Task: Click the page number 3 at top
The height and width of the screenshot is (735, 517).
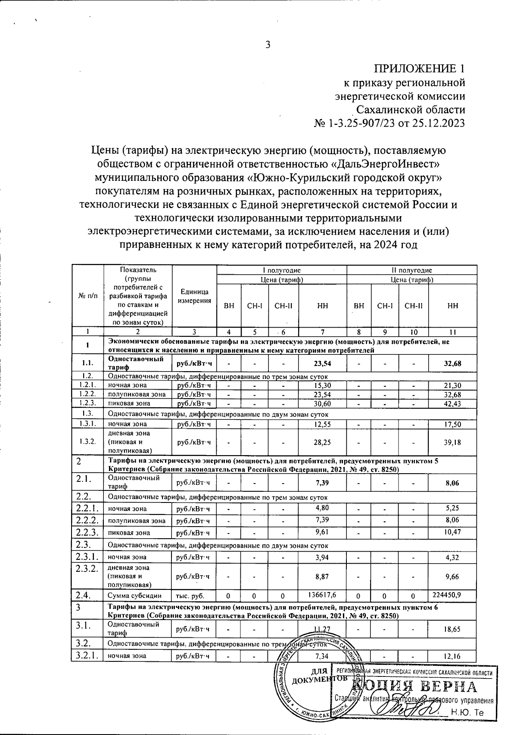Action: point(267,44)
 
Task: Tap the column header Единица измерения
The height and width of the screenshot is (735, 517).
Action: point(194,297)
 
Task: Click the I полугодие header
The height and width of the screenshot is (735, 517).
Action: point(282,270)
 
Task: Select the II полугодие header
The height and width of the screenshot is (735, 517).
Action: point(411,270)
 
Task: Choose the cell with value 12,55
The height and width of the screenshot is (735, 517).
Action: point(322,424)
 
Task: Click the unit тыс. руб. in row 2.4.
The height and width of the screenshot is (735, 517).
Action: point(190,596)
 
